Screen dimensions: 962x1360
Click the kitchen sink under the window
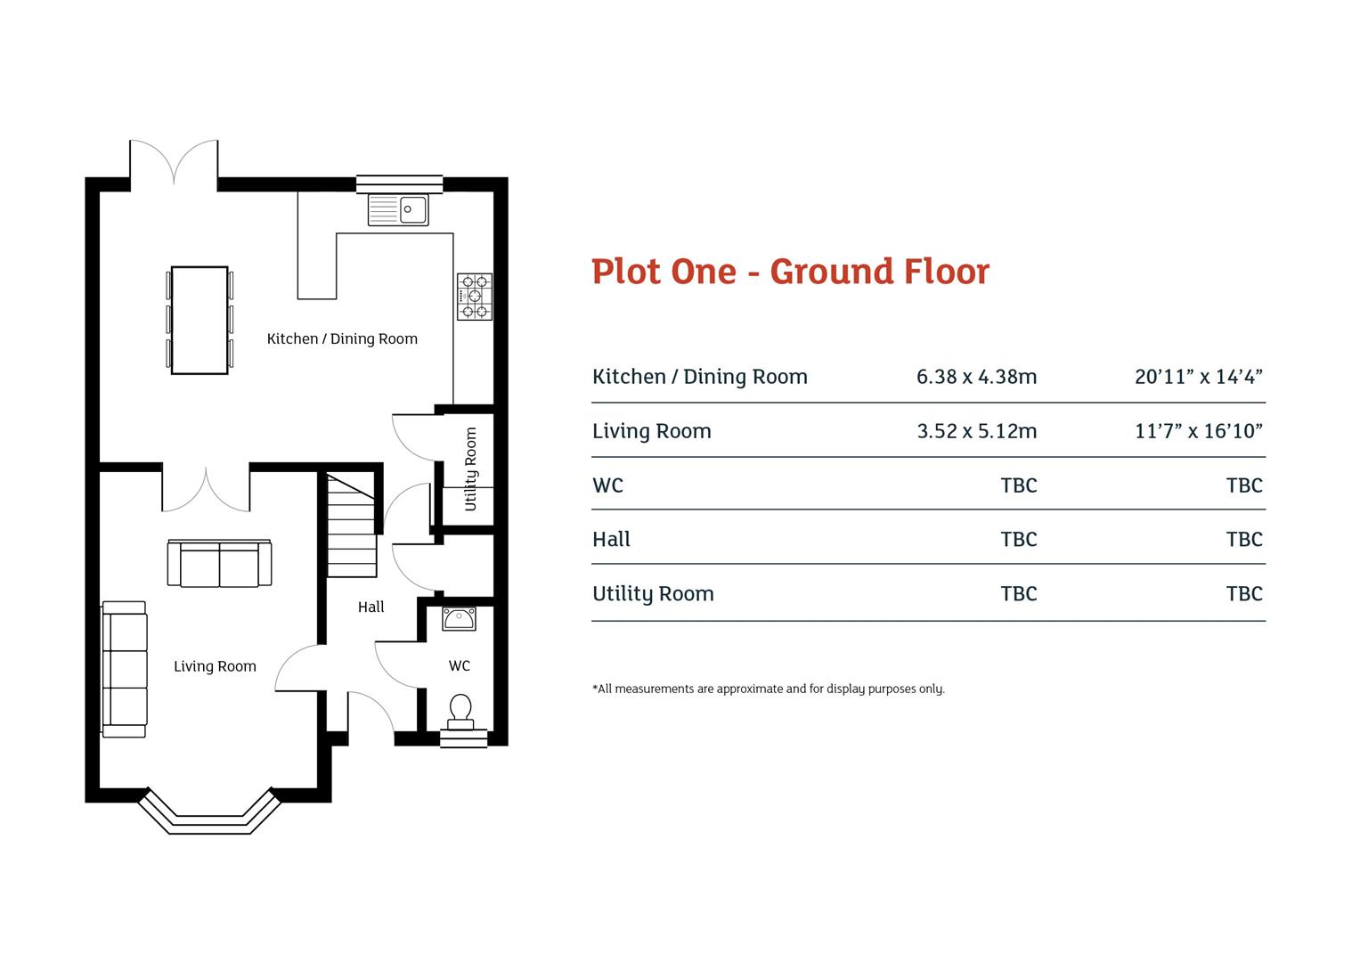(x=398, y=210)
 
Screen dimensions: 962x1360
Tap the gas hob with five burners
(x=474, y=297)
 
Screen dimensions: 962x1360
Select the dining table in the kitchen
(x=200, y=320)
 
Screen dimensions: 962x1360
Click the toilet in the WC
(x=460, y=712)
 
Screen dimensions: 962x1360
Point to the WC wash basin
(x=460, y=617)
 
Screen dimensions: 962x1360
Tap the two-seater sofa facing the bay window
(x=219, y=564)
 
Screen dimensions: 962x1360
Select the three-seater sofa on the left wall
(x=125, y=669)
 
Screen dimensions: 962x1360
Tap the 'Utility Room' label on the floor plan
(x=470, y=469)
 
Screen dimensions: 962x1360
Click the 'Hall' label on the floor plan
(x=371, y=607)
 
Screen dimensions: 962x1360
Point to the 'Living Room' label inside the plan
(x=215, y=666)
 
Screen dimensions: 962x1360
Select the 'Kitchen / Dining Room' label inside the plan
(x=342, y=338)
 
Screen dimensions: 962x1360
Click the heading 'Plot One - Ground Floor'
(x=790, y=272)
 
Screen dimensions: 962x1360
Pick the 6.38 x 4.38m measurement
(x=976, y=377)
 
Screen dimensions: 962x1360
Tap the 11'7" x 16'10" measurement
(x=1198, y=431)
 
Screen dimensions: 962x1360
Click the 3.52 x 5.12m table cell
(x=976, y=431)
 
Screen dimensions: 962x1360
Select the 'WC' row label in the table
(x=607, y=485)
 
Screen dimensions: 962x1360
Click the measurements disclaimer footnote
(x=768, y=689)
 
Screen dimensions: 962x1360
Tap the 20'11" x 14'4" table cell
(x=1198, y=377)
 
